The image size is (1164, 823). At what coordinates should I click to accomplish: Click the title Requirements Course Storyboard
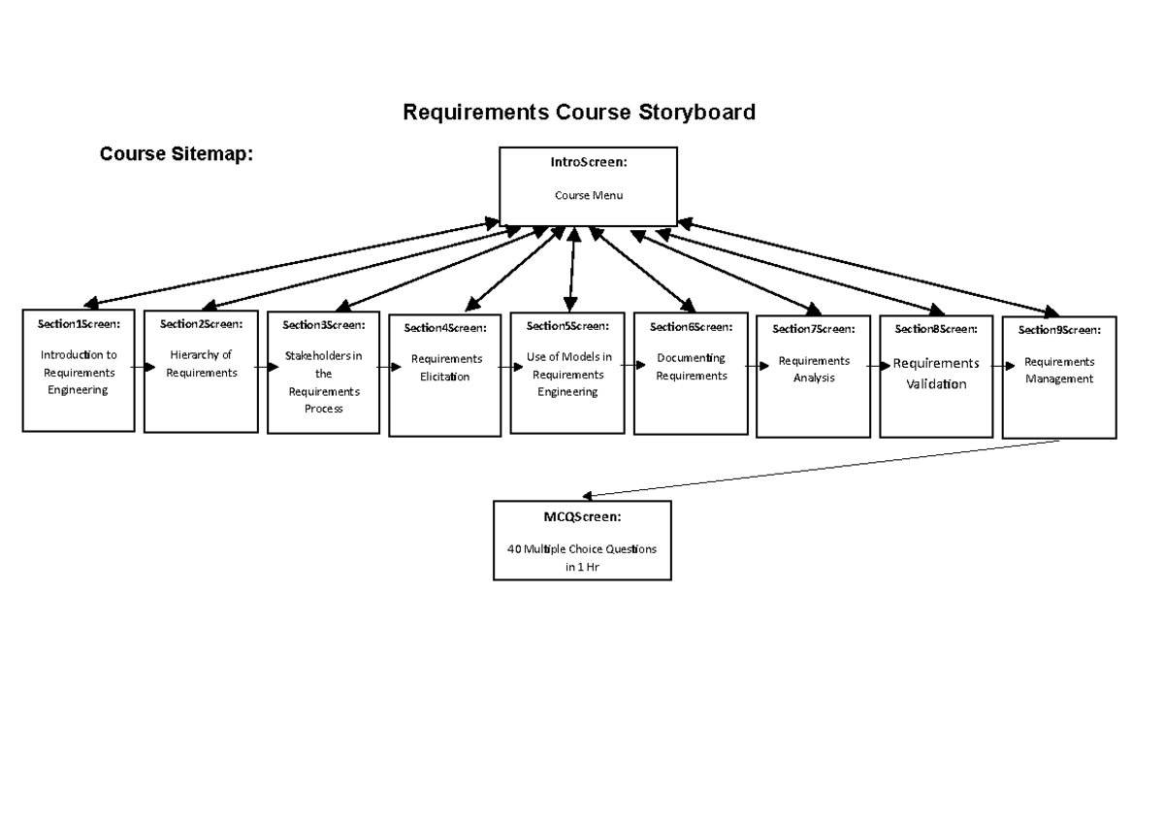(x=578, y=113)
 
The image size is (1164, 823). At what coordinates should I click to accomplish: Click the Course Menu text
(x=588, y=195)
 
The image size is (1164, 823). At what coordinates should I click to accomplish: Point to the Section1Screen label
(x=79, y=323)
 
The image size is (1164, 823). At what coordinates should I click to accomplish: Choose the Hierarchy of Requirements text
(x=201, y=364)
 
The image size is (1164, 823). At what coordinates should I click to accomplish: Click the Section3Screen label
(x=324, y=324)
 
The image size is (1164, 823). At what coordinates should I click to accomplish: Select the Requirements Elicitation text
(x=446, y=368)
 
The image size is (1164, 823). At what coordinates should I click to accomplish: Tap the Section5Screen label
(x=567, y=326)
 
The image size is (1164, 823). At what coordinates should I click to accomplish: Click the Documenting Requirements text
(x=691, y=367)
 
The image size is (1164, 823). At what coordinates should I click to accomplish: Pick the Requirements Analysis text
(x=813, y=370)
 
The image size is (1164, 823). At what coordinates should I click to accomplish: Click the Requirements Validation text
(x=936, y=374)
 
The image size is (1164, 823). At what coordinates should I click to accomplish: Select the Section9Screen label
(x=1059, y=330)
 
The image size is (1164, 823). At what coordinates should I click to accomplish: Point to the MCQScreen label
(x=582, y=516)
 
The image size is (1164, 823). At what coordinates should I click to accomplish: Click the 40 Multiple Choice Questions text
(x=582, y=548)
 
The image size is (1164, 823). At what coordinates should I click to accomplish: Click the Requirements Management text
(x=1059, y=371)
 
